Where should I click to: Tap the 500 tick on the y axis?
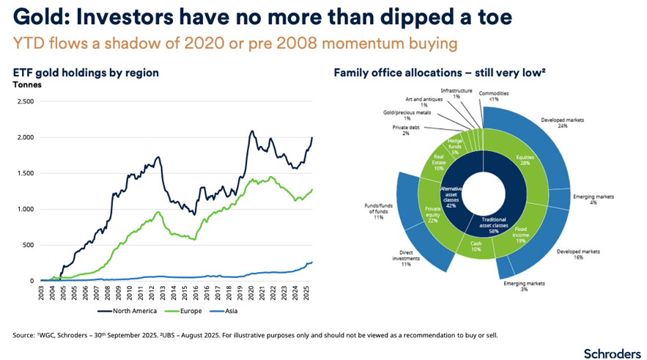click(x=28, y=245)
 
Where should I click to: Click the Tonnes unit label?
click(x=27, y=84)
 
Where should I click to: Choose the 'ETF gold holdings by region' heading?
click(x=86, y=73)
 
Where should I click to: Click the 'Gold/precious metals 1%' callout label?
click(x=408, y=116)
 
